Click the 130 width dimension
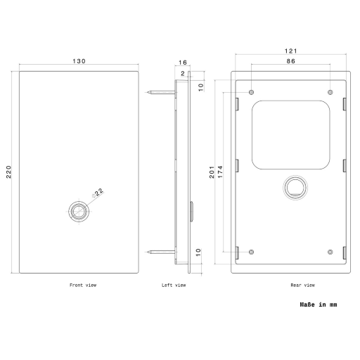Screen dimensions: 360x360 (79, 61)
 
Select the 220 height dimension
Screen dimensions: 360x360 (8, 172)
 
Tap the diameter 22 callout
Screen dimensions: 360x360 (98, 192)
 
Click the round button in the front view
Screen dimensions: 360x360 (79, 212)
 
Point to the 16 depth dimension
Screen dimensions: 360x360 (183, 63)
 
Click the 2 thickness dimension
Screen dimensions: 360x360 (183, 74)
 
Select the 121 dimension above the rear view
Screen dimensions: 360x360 (290, 51)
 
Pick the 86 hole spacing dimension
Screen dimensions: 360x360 (290, 61)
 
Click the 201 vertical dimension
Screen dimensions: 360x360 (212, 172)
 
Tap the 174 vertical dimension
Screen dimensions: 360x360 (220, 172)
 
